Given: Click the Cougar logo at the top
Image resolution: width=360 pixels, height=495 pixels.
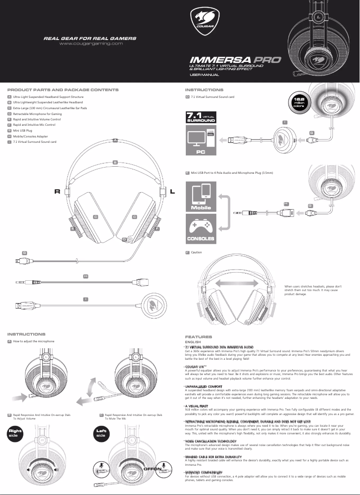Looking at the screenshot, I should tap(204, 22).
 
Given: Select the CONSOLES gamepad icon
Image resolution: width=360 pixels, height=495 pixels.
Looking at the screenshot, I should tap(201, 228).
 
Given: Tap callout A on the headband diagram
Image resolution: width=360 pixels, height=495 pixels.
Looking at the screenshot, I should tap(115, 141).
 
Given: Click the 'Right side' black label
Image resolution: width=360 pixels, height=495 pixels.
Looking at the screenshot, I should tap(15, 433).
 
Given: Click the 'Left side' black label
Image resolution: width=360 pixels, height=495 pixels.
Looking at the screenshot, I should tap(101, 433).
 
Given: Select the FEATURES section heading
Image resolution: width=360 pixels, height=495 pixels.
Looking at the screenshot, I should tap(198, 336).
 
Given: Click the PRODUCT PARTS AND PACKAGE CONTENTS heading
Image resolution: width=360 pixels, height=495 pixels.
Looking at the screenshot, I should tap(63, 90).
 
